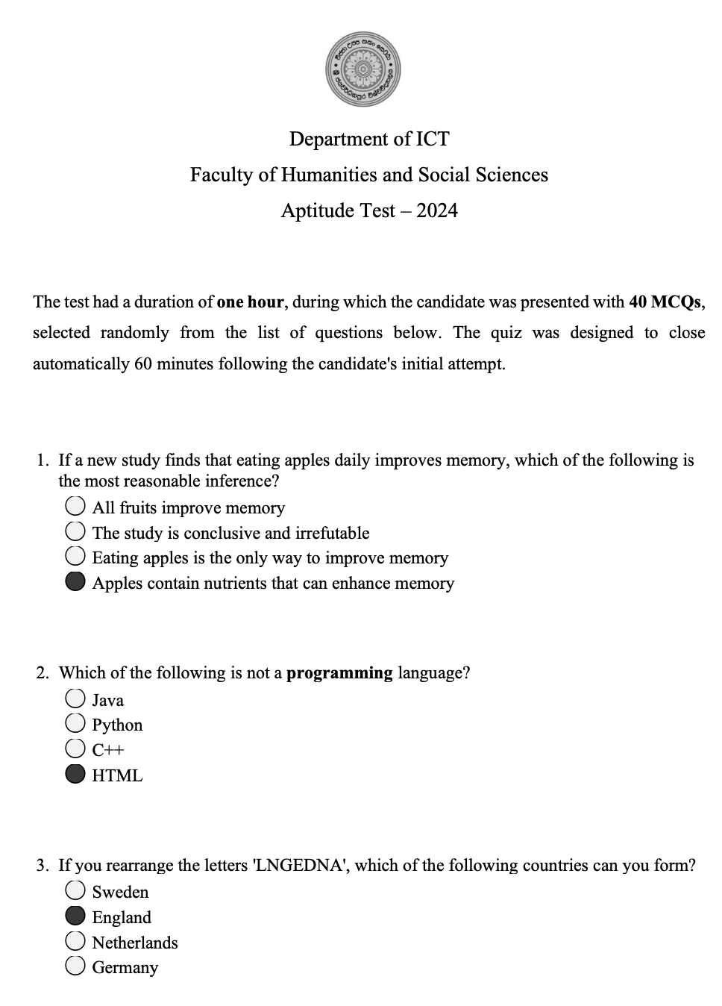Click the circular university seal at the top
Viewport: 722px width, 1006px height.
[x=363, y=69]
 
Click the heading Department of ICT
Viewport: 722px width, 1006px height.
[x=369, y=139]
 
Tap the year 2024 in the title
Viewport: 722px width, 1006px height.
[x=437, y=210]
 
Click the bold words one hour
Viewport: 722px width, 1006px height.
[x=250, y=302]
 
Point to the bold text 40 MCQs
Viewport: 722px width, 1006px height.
[x=665, y=302]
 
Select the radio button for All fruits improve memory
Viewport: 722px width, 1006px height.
[x=75, y=507]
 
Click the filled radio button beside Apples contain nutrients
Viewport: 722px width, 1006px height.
[x=75, y=582]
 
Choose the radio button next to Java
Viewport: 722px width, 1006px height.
[x=75, y=699]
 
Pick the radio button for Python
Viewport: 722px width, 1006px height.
[x=75, y=723]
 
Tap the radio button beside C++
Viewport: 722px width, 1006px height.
[x=75, y=749]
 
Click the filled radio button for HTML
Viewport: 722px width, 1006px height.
[x=75, y=775]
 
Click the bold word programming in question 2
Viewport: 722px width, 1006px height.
[x=339, y=672]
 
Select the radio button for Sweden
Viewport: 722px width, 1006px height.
[x=75, y=890]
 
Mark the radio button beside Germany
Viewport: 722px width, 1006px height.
[x=75, y=966]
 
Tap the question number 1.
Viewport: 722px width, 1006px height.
[x=43, y=460]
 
